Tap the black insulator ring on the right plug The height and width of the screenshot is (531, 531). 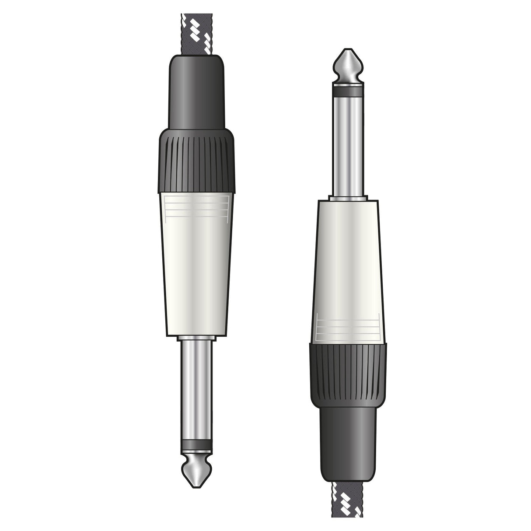click(x=348, y=91)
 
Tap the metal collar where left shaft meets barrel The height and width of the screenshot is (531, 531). click(x=196, y=338)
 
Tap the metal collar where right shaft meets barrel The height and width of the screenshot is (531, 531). click(x=348, y=198)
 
